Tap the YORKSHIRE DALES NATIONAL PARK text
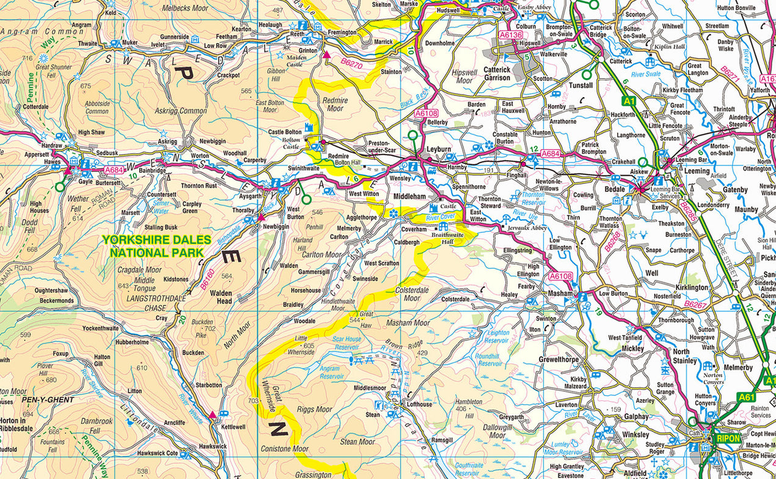pos(156,246)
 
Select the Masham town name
pos(560,294)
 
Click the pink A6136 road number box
pos(511,35)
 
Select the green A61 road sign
pos(746,397)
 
